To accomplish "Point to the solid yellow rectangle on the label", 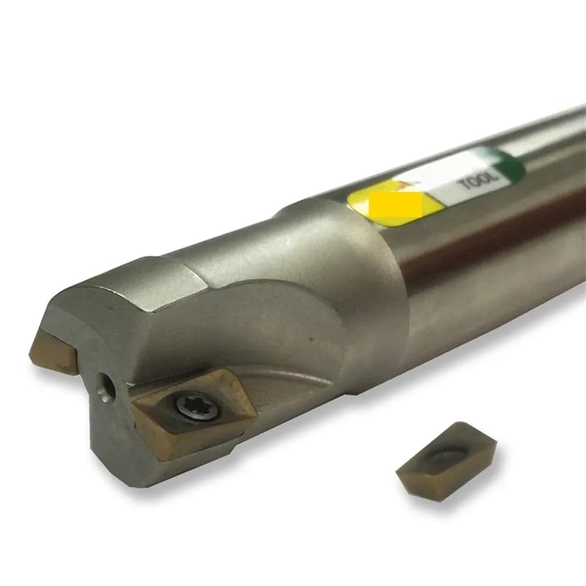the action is (396, 204).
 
